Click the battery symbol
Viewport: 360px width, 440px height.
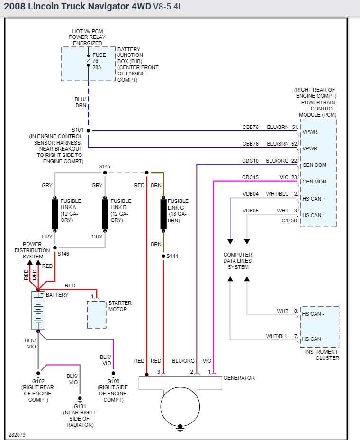tap(38, 311)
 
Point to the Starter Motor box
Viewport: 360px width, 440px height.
tap(97, 314)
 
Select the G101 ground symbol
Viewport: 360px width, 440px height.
tap(80, 399)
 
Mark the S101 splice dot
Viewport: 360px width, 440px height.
tap(89, 130)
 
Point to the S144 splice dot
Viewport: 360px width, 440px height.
tap(163, 256)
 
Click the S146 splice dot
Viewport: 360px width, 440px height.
tap(55, 247)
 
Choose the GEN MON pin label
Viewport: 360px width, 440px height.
tap(314, 182)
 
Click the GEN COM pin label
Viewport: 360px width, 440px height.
tap(314, 165)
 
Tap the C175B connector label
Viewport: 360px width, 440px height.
tap(289, 221)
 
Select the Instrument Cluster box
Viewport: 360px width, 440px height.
tap(319, 327)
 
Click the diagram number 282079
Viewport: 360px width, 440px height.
tap(18, 434)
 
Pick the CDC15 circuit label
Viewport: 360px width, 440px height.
tap(251, 177)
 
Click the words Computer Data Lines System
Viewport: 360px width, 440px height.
tap(238, 261)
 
